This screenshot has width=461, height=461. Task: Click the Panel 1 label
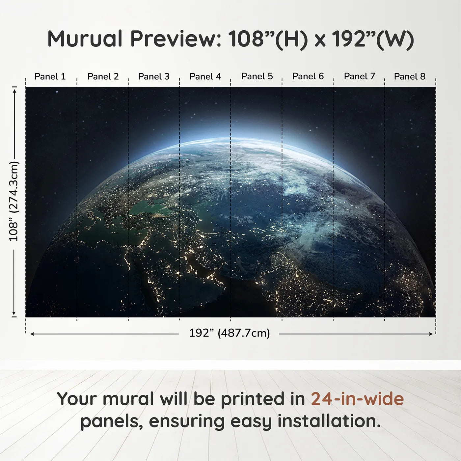point(50,76)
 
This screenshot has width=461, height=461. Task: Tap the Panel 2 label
point(103,76)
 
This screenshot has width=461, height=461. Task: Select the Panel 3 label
point(154,76)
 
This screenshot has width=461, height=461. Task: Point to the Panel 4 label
point(205,76)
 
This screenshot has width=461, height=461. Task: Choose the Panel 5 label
point(257,76)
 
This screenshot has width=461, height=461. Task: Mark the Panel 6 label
point(308,76)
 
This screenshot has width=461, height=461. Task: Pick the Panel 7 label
point(359,76)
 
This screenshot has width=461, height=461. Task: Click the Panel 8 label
point(410,76)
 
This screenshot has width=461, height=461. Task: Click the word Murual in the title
point(85,39)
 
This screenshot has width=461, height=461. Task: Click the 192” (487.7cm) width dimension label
point(229,333)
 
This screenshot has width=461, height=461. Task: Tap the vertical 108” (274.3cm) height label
point(14,201)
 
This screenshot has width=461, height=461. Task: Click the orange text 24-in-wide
point(357,399)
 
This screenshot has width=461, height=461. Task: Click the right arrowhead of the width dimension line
point(431,334)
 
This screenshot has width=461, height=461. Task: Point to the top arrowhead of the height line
point(14,90)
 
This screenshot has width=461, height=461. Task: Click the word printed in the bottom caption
point(253,399)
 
